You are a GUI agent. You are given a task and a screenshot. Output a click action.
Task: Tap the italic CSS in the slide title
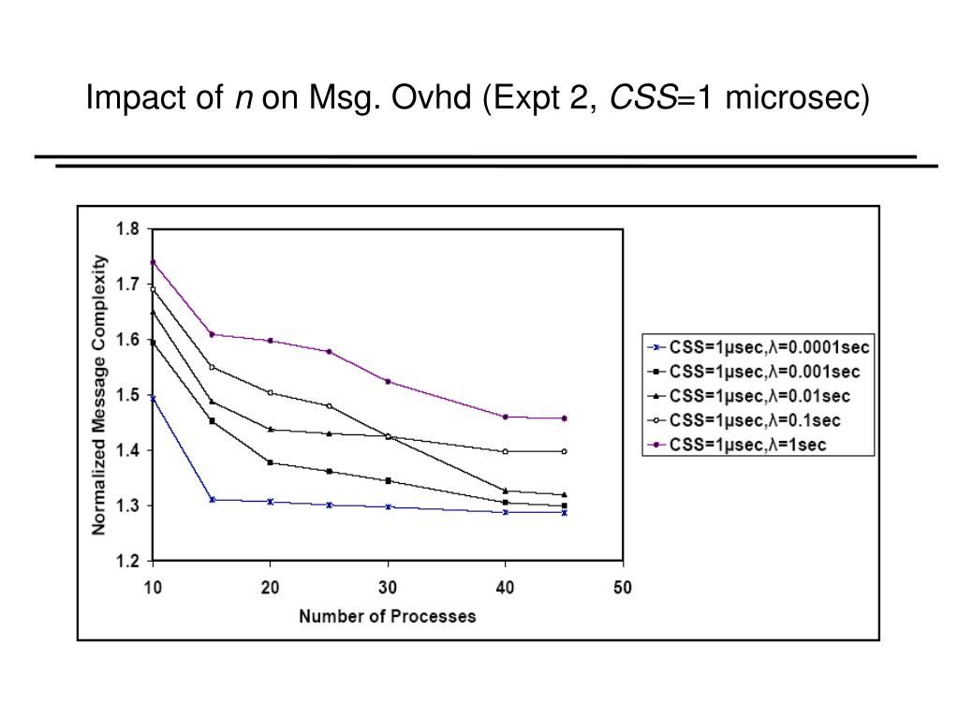(x=641, y=96)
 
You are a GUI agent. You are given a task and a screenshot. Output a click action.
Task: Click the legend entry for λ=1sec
(x=747, y=445)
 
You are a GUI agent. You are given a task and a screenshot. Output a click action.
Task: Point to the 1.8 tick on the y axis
(x=127, y=228)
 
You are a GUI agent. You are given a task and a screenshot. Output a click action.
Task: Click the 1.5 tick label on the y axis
(x=127, y=395)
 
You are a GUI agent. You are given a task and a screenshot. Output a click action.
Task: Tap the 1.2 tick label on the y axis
(x=127, y=561)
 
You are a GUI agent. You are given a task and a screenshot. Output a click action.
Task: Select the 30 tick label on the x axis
(x=388, y=588)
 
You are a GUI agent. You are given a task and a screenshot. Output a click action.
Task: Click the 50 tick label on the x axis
(x=623, y=588)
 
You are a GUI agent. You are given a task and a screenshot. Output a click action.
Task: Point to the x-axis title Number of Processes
(x=388, y=616)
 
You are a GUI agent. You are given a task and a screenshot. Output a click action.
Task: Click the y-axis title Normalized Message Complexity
(x=99, y=394)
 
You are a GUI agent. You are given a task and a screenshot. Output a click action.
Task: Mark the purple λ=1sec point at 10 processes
(x=153, y=262)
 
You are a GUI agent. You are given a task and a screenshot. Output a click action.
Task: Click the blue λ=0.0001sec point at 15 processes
(x=213, y=500)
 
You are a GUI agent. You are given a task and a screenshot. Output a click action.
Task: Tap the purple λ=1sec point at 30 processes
(x=388, y=381)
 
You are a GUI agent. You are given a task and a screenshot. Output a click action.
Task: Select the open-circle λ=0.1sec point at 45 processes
(x=564, y=451)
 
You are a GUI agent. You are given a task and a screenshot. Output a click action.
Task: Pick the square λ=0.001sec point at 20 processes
(x=271, y=462)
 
